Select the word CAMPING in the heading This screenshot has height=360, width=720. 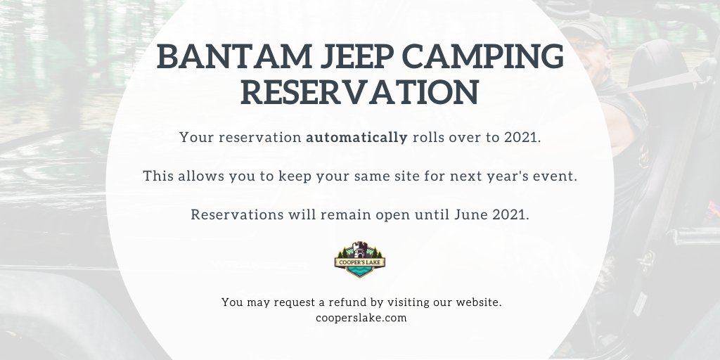click(491, 57)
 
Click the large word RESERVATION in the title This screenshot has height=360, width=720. click(359, 94)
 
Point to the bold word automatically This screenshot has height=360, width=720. click(356, 137)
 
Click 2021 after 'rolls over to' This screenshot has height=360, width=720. click(522, 137)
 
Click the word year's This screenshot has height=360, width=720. click(501, 176)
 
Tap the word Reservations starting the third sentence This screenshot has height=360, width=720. click(236, 214)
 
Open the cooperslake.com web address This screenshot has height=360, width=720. click(361, 318)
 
